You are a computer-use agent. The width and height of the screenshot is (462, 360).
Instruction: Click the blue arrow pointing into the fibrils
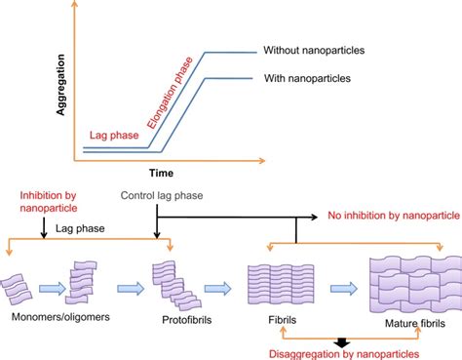222,289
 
